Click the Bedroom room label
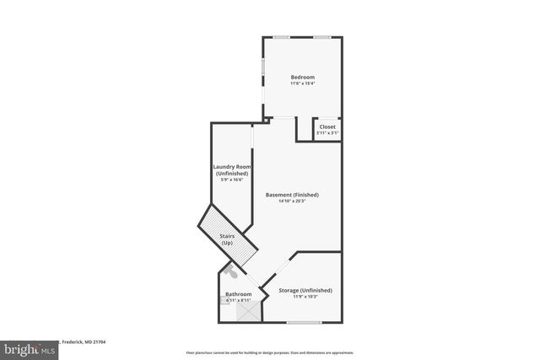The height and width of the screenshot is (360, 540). coord(302,78)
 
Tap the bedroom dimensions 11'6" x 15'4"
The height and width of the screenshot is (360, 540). coord(302,83)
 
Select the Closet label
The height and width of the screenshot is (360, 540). coord(327,127)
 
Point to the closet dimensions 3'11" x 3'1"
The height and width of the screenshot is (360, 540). coord(327,133)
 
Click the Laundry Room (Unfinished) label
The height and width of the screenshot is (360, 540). coord(231,170)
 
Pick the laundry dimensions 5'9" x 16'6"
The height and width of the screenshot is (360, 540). coord(231,180)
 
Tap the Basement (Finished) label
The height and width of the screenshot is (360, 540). coord(292,195)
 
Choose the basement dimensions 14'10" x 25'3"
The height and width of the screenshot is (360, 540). coord(292,201)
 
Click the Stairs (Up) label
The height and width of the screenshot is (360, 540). coord(227,239)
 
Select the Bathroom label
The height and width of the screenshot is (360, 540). coord(238,294)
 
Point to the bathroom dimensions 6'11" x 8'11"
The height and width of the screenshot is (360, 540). coord(238,300)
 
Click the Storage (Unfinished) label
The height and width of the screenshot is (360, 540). coord(305,290)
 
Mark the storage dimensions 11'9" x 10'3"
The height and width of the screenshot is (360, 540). coord(305,297)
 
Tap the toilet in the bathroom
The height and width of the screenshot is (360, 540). coord(233,272)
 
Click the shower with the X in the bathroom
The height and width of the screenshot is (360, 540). coord(249,312)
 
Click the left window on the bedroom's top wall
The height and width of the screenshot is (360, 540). coord(282,37)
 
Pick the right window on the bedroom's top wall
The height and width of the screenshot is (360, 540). coord(322,37)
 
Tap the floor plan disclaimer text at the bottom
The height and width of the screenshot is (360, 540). coord(270,352)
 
